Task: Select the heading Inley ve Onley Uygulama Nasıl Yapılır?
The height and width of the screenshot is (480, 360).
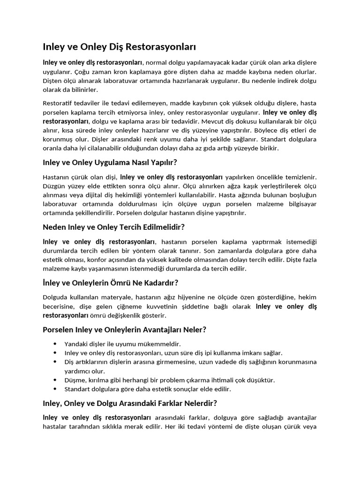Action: (x=110, y=162)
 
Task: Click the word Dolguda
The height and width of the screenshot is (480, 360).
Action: (x=56, y=297)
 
